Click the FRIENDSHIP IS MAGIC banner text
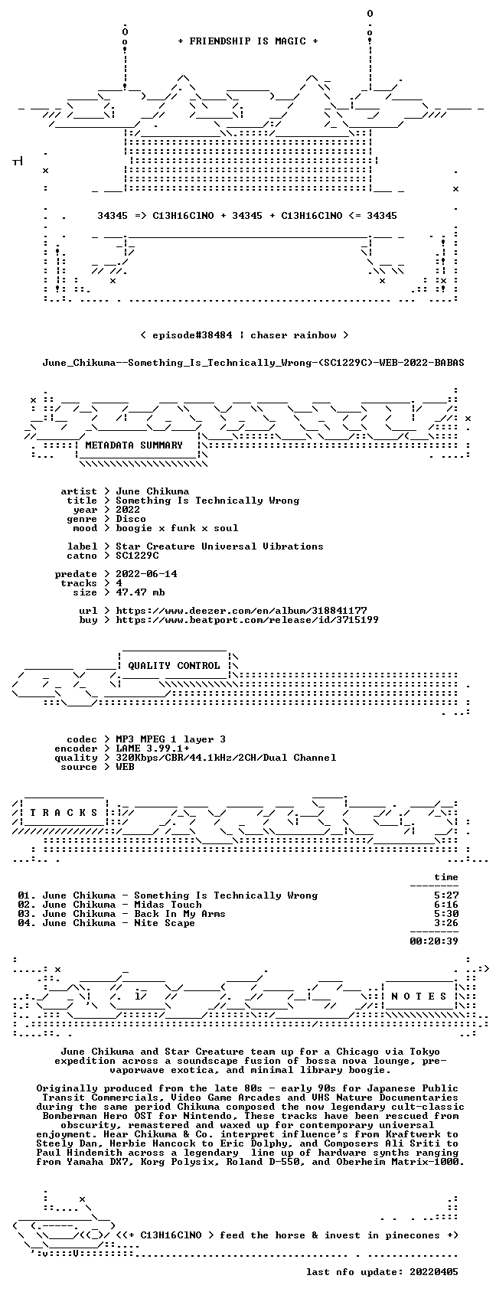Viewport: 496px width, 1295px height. [247, 41]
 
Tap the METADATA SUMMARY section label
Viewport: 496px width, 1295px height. [133, 445]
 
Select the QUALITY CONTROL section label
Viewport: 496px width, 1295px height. [174, 665]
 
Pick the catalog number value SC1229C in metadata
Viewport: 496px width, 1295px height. [137, 556]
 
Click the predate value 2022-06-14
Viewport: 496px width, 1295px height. [146, 574]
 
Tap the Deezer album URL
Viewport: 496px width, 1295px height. [241, 611]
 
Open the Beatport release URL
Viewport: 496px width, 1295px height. [246, 620]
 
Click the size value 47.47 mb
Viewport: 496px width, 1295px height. [140, 592]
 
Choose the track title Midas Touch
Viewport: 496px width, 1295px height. [168, 905]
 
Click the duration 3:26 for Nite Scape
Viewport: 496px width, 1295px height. [446, 923]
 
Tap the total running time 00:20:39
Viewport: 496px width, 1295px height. [434, 941]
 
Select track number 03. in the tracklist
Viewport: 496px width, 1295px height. [27, 914]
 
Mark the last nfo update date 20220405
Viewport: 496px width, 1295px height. [434, 1272]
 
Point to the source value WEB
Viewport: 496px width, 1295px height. [125, 767]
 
